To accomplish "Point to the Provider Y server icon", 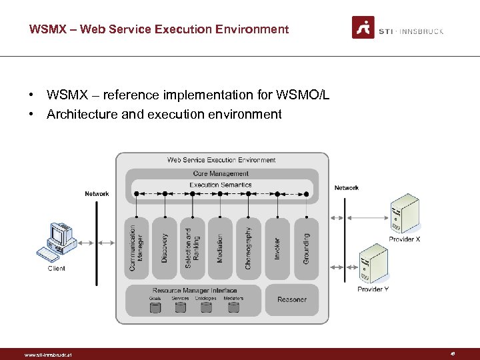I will [x=373, y=265].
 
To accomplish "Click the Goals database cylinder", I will [x=155, y=307].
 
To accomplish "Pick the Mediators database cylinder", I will [x=233, y=307].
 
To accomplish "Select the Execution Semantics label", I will [x=221, y=185].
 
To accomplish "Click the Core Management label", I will [x=221, y=173].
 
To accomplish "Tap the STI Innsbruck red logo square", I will [x=363, y=27].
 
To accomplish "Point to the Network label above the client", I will [x=97, y=194].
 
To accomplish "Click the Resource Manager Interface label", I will [x=195, y=291].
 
